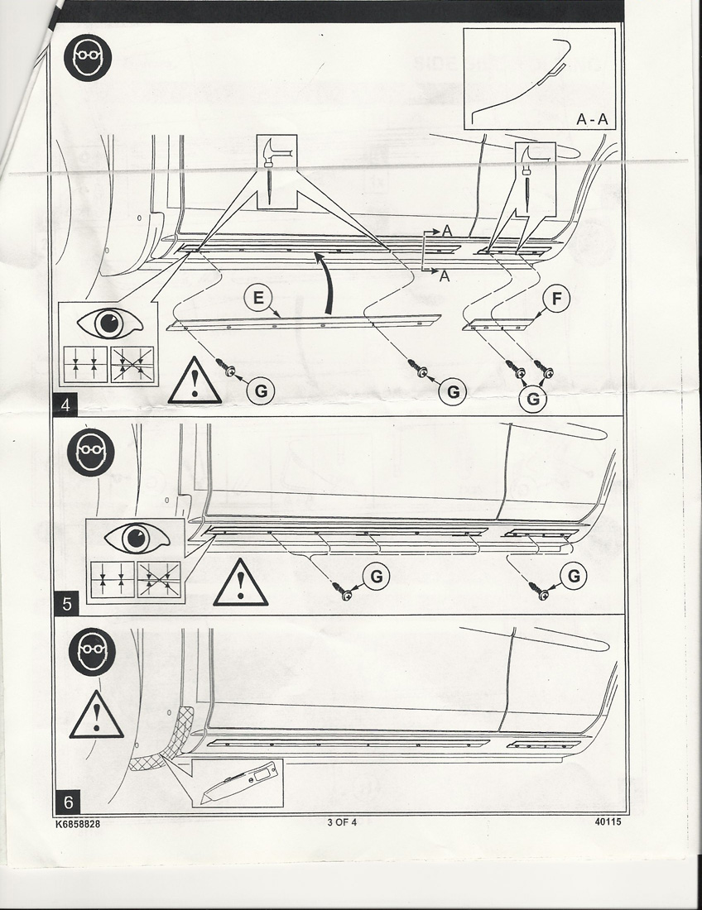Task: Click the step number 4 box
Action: coord(64,406)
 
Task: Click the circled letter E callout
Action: coord(258,299)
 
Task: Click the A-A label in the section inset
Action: coord(592,119)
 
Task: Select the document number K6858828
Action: coord(79,824)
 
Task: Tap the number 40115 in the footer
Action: coord(608,822)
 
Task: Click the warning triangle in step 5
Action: coord(240,584)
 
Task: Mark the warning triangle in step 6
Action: coord(97,716)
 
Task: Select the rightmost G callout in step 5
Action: coord(573,576)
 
